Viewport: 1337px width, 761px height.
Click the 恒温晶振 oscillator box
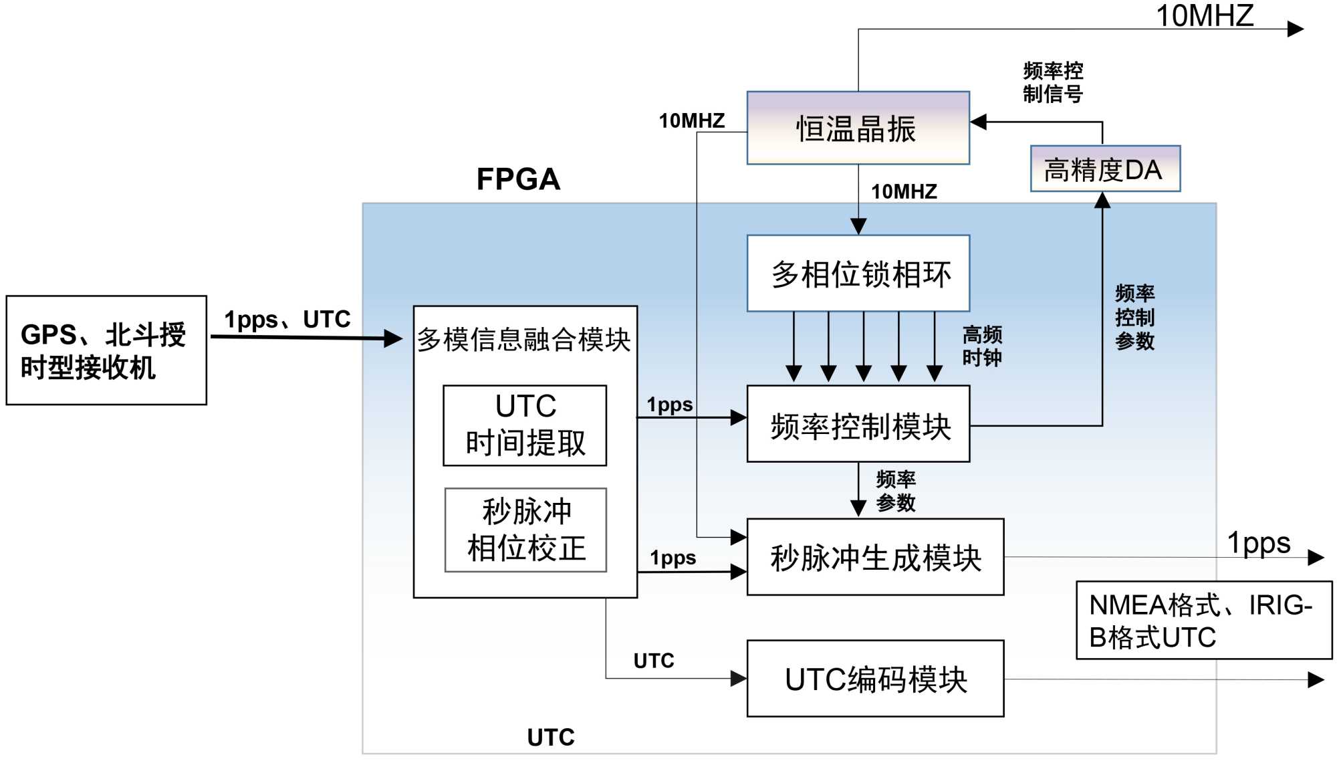(x=858, y=128)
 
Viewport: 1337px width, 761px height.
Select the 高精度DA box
(x=1104, y=169)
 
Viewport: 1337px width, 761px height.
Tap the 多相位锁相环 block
(x=858, y=274)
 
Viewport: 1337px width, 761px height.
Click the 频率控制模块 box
(x=858, y=425)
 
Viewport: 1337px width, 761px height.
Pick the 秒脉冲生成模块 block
(x=875, y=557)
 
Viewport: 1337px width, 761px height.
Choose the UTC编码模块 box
(x=875, y=679)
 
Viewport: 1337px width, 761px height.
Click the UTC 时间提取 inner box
(x=525, y=425)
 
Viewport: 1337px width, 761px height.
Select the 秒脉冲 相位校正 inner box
(x=525, y=530)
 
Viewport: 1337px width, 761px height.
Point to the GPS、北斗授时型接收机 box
(x=106, y=350)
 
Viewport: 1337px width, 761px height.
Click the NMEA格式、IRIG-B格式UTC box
(x=1203, y=621)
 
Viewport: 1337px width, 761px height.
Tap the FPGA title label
(x=518, y=179)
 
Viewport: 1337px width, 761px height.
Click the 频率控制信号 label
(x=1053, y=82)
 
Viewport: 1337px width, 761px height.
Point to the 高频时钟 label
(x=981, y=346)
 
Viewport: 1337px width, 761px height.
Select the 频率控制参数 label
(x=1134, y=317)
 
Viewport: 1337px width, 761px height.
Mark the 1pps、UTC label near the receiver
(x=287, y=320)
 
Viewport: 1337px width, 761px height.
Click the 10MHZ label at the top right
(x=1205, y=15)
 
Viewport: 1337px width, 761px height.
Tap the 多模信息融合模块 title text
(x=524, y=340)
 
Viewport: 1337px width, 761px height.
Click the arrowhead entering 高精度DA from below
(x=1102, y=200)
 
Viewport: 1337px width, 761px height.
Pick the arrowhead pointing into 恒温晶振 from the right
(x=979, y=122)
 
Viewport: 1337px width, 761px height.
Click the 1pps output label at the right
(x=1259, y=542)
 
